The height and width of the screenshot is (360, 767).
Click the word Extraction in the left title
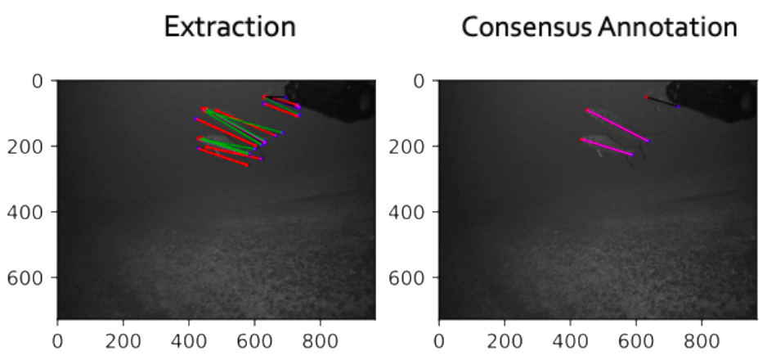pyautogui.click(x=230, y=27)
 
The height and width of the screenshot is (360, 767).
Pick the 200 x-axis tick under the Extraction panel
pyautogui.click(x=123, y=338)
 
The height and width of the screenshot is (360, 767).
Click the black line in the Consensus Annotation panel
pyautogui.click(x=663, y=102)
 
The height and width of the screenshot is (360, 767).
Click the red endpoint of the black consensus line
pyautogui.click(x=648, y=98)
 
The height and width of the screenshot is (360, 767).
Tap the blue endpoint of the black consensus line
pyautogui.click(x=678, y=106)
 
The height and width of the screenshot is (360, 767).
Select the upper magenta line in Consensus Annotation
pyautogui.click(x=617, y=125)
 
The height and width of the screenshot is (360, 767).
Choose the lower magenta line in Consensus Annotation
pyautogui.click(x=607, y=146)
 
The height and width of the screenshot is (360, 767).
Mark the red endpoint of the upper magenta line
pyautogui.click(x=587, y=110)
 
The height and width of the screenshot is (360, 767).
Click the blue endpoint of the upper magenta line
pyautogui.click(x=648, y=142)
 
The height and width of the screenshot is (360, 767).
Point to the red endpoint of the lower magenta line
pyautogui.click(x=582, y=140)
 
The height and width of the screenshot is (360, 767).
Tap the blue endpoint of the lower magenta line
pyautogui.click(x=632, y=154)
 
